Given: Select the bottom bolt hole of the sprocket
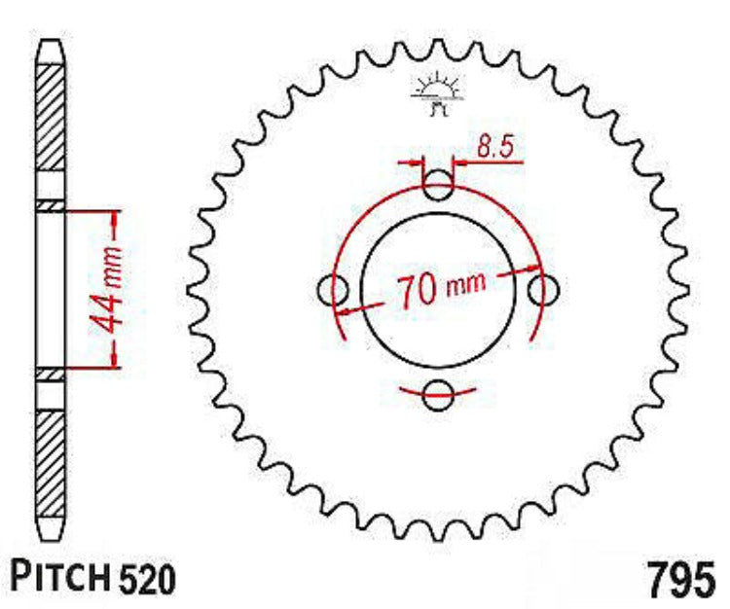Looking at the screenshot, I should point(439,394).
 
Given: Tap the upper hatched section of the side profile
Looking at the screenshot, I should point(50,126).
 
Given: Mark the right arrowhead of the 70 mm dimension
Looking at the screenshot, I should point(531,269).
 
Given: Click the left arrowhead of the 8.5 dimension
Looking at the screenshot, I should point(419,162).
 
